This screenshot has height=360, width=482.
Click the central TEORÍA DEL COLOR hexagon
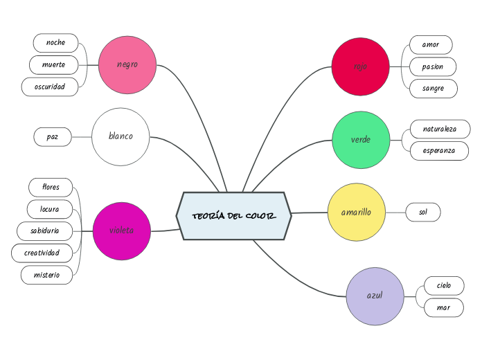pos(234,216)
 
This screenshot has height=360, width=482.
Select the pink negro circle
pos(127,64)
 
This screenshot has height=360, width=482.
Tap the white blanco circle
pos(120,136)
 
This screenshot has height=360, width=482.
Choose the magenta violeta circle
pos(122,231)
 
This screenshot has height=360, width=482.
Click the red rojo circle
pos(360,66)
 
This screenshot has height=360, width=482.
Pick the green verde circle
pos(361,139)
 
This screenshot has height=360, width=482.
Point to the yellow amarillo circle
pos(356,212)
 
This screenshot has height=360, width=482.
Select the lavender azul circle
pos(375,296)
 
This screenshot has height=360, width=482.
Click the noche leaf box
pos(55,43)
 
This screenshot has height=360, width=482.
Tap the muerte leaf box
pos(54,65)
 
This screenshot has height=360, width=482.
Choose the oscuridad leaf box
pos(50,87)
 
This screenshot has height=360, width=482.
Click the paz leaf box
pos(53,137)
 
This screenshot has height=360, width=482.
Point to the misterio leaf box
pos(46,275)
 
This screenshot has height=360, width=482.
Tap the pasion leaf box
pos(432,66)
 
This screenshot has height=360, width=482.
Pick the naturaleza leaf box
pos(440,129)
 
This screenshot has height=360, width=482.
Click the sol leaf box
pos(422,213)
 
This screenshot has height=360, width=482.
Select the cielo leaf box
pos(443,285)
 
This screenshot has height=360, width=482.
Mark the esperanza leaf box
pos(439,151)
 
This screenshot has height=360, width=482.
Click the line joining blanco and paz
pos(81,137)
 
